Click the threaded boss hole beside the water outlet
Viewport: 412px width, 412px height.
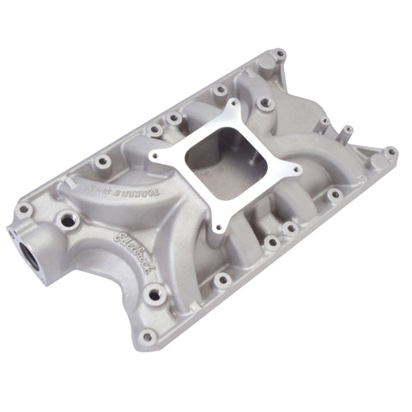pos(65,221)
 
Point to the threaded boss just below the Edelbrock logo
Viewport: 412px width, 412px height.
pos(154,296)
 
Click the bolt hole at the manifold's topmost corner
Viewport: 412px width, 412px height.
pos(279,54)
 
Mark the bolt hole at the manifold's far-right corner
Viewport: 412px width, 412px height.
pos(391,152)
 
